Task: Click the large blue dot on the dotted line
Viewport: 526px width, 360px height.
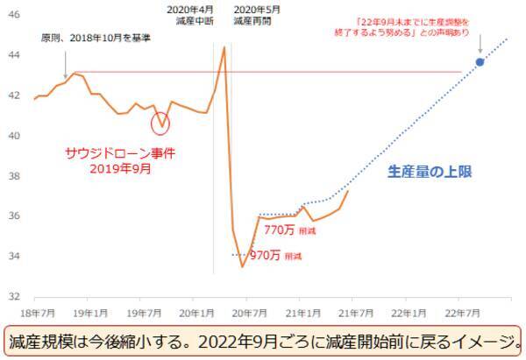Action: (480, 62)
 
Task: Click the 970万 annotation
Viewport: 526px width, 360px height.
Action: (267, 256)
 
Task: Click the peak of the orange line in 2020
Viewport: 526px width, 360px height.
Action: (224, 46)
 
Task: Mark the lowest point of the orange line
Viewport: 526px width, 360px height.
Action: (242, 266)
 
